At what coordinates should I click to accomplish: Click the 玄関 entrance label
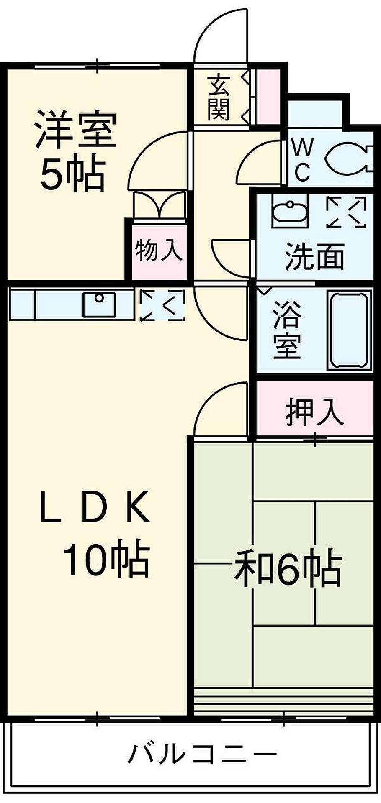pos(219,97)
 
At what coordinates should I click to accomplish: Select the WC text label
pos(302,159)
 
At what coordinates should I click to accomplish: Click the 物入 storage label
pos(159,250)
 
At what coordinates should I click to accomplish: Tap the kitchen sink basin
pos(99,304)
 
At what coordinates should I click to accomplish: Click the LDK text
pos(95,507)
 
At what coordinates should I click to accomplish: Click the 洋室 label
pos(75,130)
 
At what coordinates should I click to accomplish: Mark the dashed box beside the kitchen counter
pos(162,305)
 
